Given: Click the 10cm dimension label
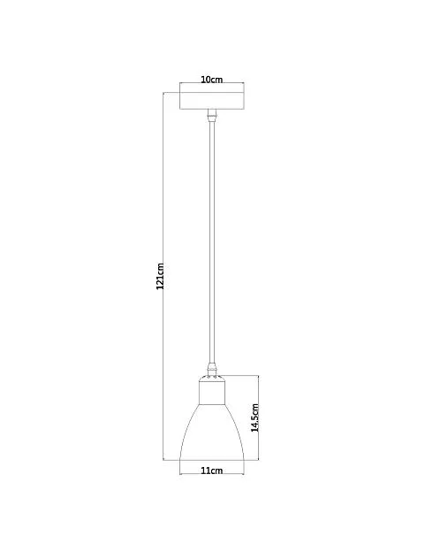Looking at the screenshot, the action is click(x=212, y=80).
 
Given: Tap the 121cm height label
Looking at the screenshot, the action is click(x=160, y=276).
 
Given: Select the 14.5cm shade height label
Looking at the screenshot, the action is click(x=255, y=417).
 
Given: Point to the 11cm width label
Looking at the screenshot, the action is click(x=212, y=471).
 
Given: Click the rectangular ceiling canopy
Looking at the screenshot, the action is click(x=212, y=96).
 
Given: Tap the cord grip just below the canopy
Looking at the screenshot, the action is click(x=212, y=116).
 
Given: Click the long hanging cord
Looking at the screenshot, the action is click(x=212, y=242).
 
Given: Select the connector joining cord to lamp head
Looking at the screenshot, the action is click(x=212, y=369).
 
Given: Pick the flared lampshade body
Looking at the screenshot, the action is click(x=212, y=432).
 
